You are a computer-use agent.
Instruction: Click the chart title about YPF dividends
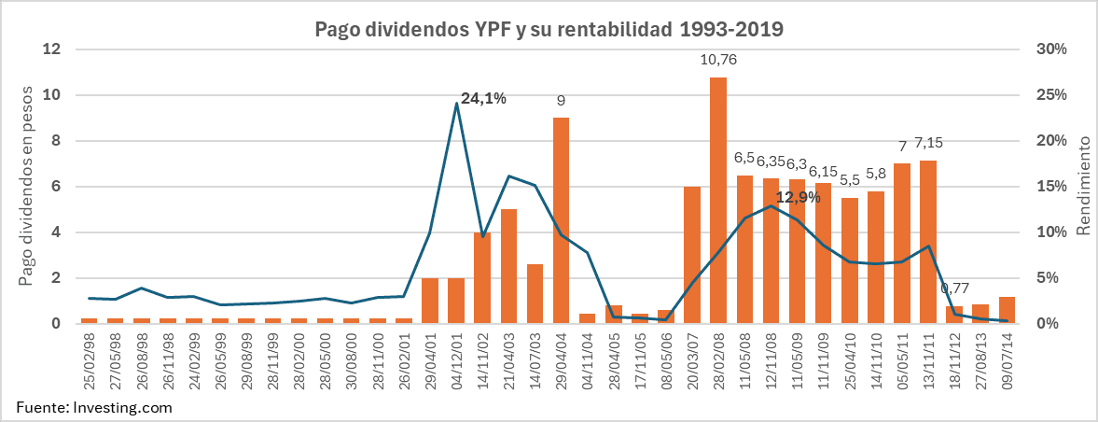[549, 29]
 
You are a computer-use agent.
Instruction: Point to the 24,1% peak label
[483, 98]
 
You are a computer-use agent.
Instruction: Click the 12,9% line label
[798, 197]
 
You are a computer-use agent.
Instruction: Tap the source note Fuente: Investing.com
[93, 408]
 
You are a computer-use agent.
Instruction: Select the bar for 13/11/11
[928, 242]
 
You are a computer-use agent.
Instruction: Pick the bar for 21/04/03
[508, 266]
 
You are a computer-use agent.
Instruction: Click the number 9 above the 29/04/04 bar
[561, 100]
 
